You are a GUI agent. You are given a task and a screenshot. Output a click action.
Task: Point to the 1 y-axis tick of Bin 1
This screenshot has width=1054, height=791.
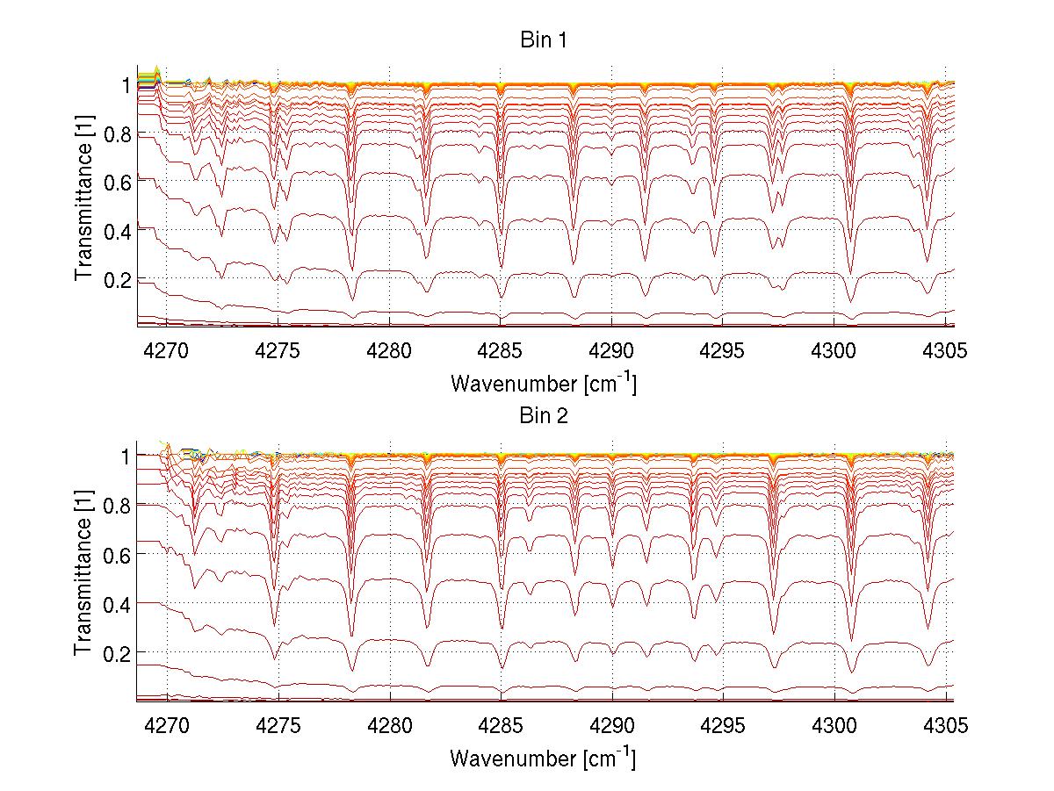[x=126, y=85]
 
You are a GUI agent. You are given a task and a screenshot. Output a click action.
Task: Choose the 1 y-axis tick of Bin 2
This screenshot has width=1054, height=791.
[x=126, y=457]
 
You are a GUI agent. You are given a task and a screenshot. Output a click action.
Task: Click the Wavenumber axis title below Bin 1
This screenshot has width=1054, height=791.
[x=543, y=383]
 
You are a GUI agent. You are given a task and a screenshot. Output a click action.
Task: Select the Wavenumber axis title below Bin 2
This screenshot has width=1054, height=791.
[x=543, y=757]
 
